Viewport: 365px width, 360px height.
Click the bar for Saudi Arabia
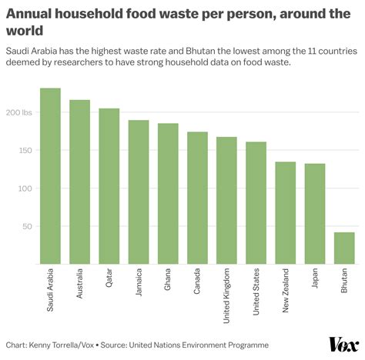pos(50,176)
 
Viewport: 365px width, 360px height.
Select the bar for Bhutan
pos(344,248)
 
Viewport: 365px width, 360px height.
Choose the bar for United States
pos(256,203)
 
